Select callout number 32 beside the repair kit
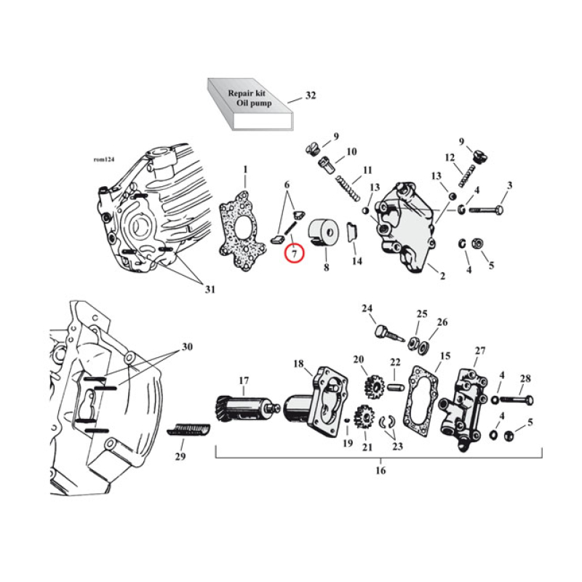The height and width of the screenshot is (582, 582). click(311, 95)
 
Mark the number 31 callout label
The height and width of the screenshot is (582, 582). click(210, 290)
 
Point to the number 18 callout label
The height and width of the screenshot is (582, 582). click(298, 363)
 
